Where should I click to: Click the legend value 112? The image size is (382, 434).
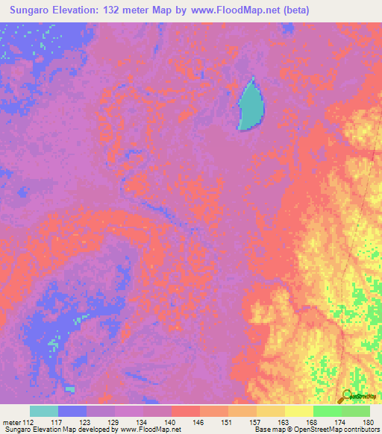coord(29,421)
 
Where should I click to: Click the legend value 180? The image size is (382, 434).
coord(367,421)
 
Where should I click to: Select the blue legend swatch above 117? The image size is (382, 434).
coord(72,411)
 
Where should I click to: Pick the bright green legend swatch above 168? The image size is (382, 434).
coord(327,411)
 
